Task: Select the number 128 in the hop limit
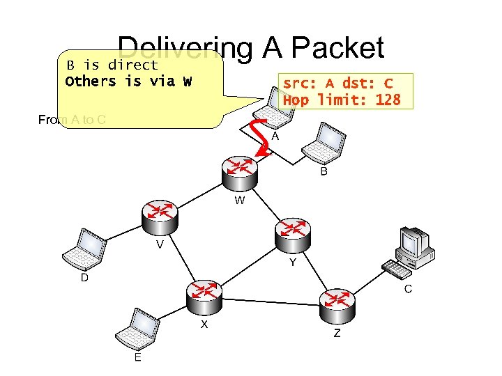[x=387, y=100]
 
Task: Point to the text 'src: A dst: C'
[x=337, y=84]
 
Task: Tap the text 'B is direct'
[x=112, y=65]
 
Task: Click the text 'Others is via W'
[x=128, y=81]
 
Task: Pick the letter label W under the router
[x=239, y=201]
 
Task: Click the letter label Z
[x=337, y=334]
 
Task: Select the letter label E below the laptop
[x=138, y=357]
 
